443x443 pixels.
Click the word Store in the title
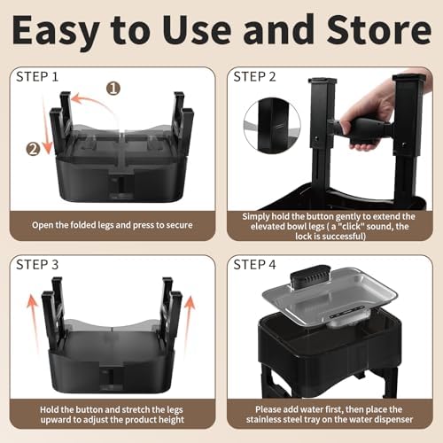point(379,29)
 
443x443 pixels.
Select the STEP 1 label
point(37,77)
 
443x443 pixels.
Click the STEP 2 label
point(254,77)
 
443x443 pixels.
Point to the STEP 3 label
point(37,265)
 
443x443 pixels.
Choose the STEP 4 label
point(254,265)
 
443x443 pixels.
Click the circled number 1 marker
point(113,88)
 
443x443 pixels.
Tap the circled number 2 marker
point(33,149)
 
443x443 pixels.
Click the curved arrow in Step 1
point(97,105)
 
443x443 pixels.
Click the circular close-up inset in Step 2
point(272,126)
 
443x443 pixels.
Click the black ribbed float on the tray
point(311,277)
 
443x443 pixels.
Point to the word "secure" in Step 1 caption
point(180,225)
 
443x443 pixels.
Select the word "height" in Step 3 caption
point(171,420)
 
